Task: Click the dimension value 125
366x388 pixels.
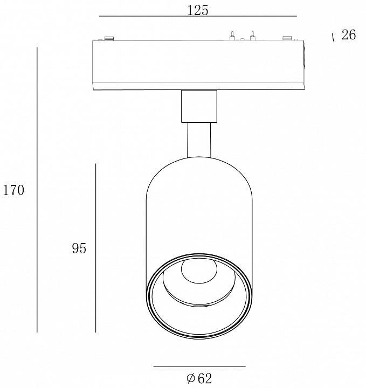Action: click(x=197, y=10)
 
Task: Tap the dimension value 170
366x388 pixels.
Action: click(x=13, y=190)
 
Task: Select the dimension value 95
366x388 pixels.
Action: click(x=79, y=248)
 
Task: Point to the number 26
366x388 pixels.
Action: click(x=349, y=34)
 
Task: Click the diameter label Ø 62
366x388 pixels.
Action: click(x=199, y=378)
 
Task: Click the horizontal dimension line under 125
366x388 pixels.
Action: click(x=198, y=16)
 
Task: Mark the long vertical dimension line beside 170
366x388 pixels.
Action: click(x=37, y=190)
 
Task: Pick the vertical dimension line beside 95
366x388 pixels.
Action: click(x=96, y=248)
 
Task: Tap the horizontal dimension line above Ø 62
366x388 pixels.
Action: click(x=199, y=366)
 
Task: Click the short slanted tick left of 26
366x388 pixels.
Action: click(x=333, y=37)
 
